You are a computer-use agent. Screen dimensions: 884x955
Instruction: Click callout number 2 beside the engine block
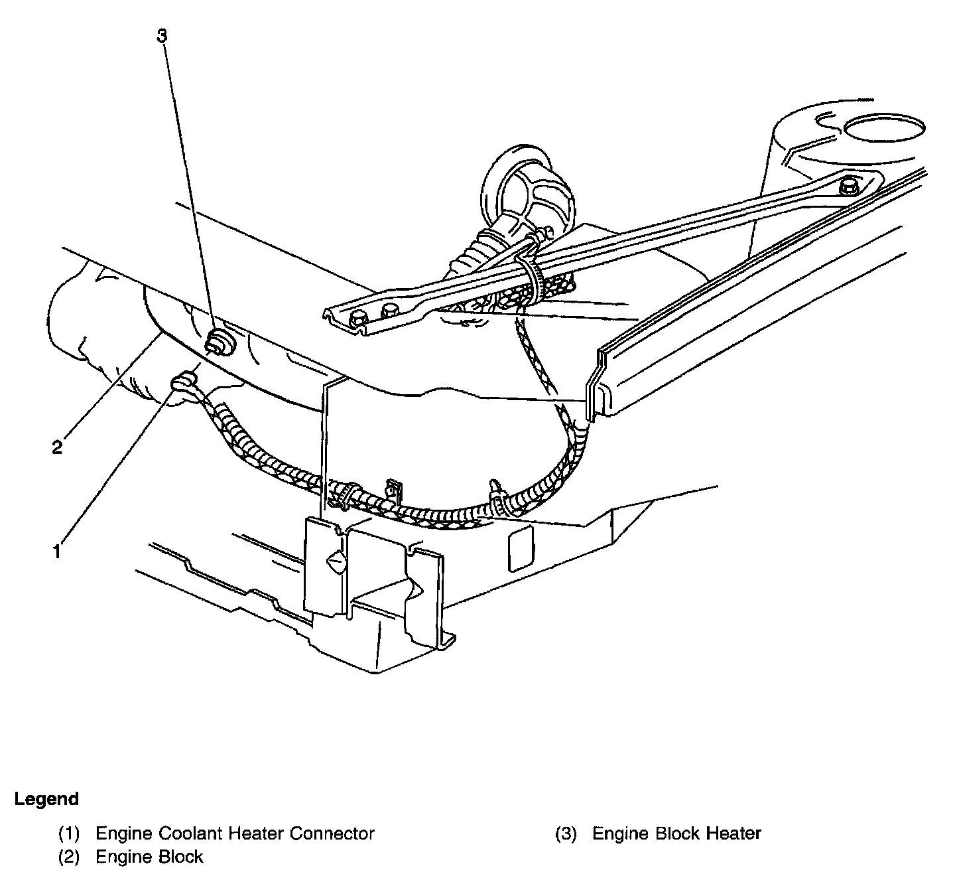[x=58, y=447]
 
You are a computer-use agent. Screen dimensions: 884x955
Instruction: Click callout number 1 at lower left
[x=58, y=550]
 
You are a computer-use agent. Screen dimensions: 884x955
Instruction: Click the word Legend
[x=46, y=799]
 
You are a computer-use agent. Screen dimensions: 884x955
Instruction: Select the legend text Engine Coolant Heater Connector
[x=235, y=833]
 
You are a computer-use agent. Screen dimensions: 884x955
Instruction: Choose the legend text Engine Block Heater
[x=676, y=833]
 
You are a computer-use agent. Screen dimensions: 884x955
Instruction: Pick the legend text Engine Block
[x=149, y=857]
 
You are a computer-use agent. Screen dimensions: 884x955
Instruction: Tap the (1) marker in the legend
[x=70, y=833]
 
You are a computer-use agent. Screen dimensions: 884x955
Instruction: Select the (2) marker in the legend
[x=70, y=857]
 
